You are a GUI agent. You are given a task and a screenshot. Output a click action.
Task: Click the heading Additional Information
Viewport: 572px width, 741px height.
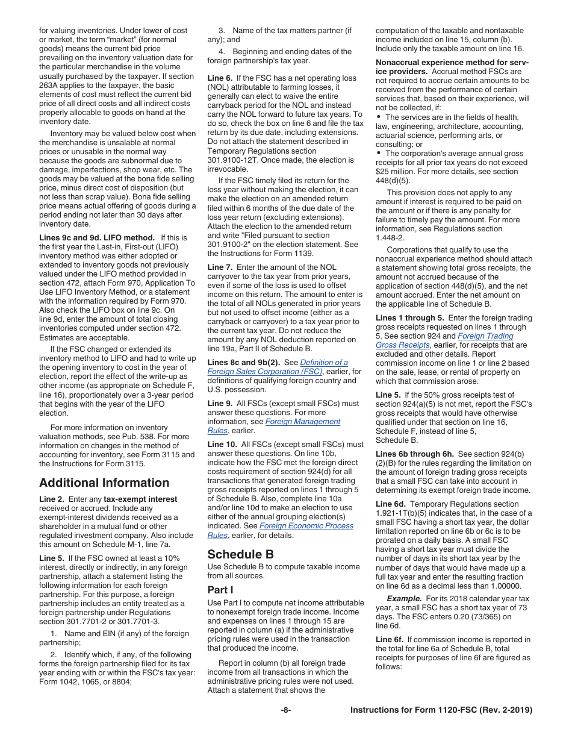(x=104, y=483)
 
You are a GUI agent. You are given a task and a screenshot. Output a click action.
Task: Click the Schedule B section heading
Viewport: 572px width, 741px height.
(x=240, y=554)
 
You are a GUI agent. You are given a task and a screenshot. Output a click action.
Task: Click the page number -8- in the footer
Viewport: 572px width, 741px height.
(x=286, y=710)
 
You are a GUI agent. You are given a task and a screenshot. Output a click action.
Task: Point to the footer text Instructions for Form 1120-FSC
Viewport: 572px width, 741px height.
(x=441, y=710)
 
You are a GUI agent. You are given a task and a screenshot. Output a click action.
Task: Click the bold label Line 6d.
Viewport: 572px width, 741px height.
(x=392, y=504)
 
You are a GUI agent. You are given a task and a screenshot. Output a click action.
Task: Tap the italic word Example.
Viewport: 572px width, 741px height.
(x=404, y=599)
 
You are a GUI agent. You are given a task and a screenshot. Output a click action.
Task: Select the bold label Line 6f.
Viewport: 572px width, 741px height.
(x=391, y=639)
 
